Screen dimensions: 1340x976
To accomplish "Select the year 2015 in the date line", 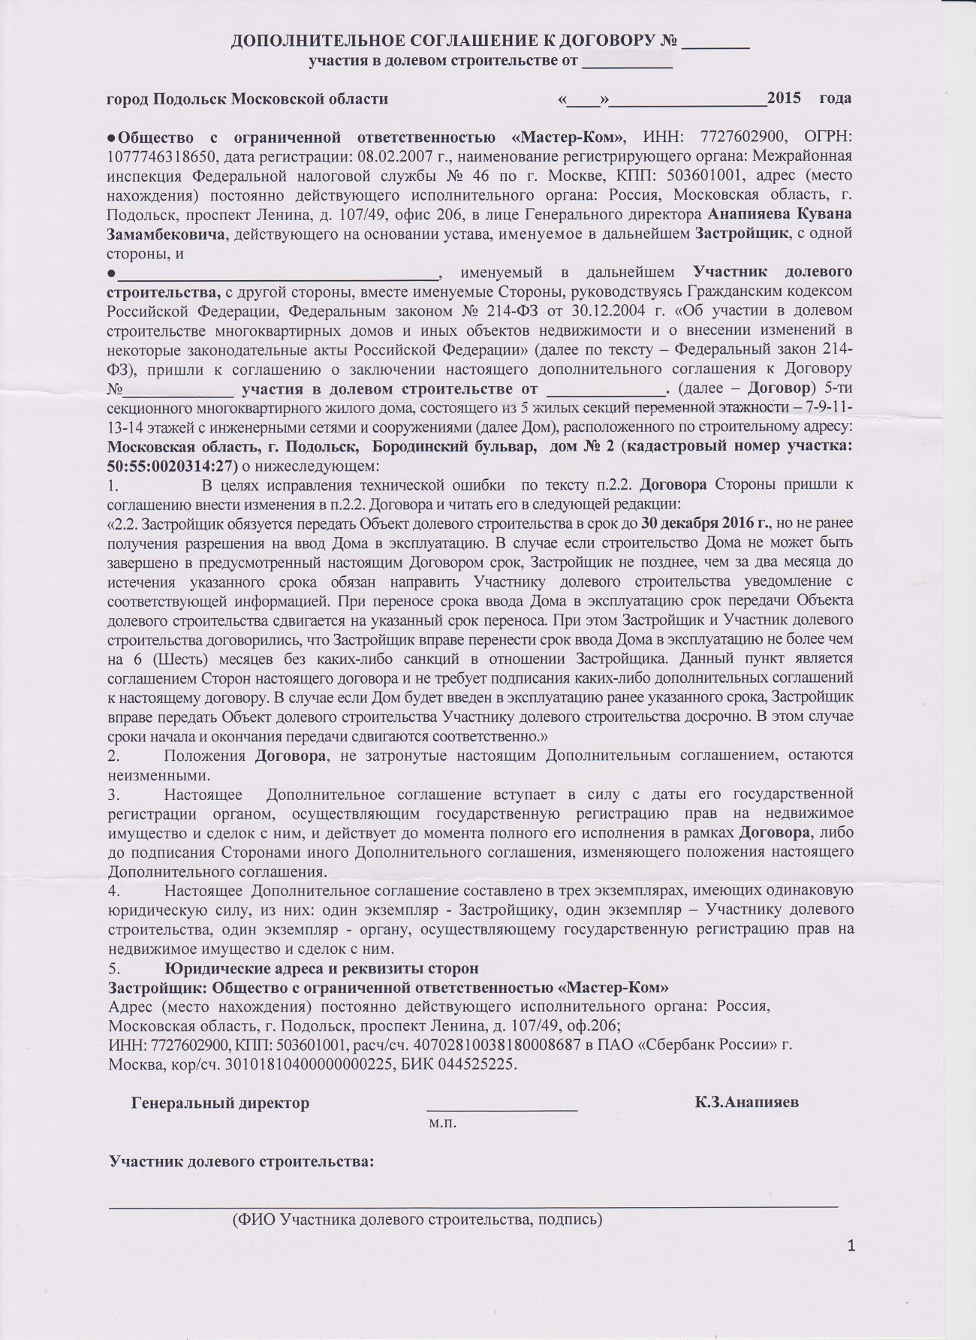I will (x=784, y=98).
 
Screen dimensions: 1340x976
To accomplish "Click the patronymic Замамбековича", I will (x=166, y=235).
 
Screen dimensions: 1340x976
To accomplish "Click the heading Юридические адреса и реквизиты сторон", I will (x=322, y=968).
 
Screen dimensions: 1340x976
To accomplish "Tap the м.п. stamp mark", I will (x=443, y=1124).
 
